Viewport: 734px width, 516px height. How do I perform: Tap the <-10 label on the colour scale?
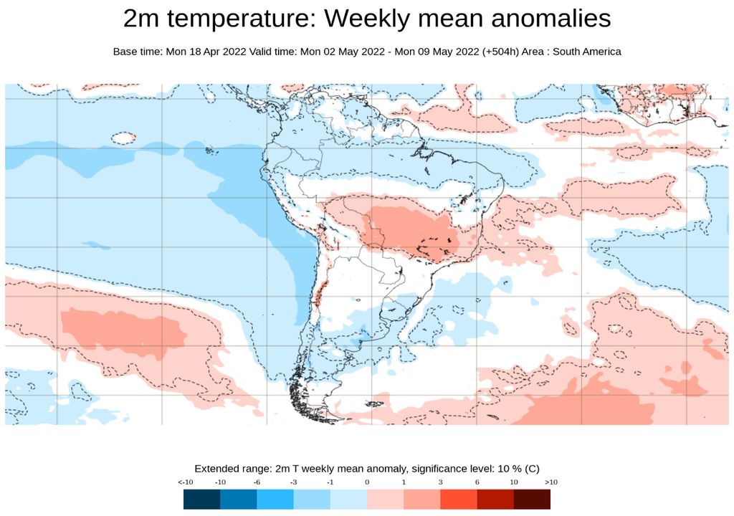tap(186, 482)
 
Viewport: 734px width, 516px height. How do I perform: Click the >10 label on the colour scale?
tap(550, 482)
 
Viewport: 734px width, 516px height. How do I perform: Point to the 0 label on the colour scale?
tap(367, 482)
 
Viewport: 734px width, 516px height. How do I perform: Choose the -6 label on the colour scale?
tap(257, 482)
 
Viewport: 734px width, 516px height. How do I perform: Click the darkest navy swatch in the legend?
tap(201, 499)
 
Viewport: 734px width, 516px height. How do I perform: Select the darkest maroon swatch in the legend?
tap(532, 499)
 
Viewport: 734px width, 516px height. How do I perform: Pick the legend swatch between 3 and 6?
tap(458, 499)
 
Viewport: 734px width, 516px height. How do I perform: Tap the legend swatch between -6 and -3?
tap(275, 499)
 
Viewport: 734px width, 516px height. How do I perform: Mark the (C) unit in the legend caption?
tap(532, 469)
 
